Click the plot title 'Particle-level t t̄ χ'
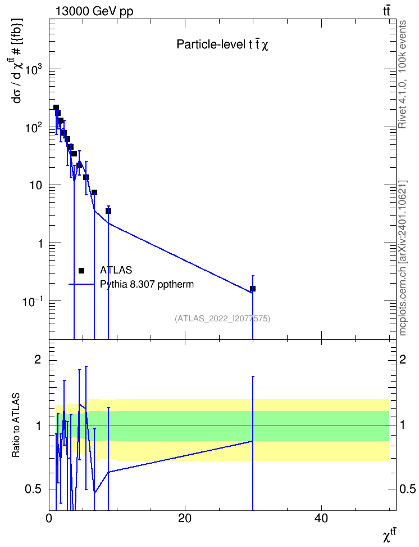tap(222, 45)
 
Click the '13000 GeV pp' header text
tap(94, 11)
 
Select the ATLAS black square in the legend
tap(81, 271)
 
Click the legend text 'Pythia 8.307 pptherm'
tap(147, 284)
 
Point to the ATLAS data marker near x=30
tap(253, 289)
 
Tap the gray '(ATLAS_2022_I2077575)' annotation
tap(222, 319)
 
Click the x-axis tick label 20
tap(185, 518)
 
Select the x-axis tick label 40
tap(321, 518)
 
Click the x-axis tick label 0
tap(49, 518)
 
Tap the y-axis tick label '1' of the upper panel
tap(41, 244)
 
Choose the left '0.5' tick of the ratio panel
tap(34, 490)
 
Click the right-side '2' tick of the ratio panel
tap(403, 359)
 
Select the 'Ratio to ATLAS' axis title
tap(16, 425)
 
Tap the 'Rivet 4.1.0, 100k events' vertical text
tap(402, 74)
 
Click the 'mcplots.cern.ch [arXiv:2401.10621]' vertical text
tap(403, 258)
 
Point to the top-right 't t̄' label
tap(386, 11)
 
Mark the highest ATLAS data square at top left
tap(56, 107)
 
